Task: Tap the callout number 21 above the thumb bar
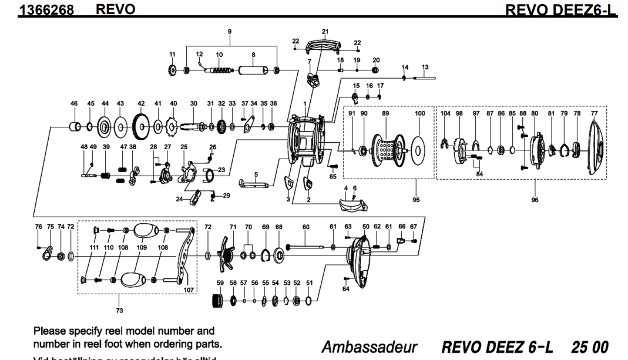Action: point(325,31)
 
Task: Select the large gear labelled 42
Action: point(141,125)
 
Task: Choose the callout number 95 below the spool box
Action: point(416,200)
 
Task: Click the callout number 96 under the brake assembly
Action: point(534,200)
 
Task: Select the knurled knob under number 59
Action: point(219,301)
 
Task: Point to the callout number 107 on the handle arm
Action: point(189,290)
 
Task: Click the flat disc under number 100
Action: point(419,149)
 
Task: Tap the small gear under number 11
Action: point(172,70)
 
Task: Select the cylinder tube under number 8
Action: point(253,70)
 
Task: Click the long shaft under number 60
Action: point(305,247)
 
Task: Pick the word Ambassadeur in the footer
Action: point(369,346)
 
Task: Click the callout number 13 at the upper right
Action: point(425,68)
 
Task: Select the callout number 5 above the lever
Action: point(256,174)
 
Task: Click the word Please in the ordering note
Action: point(49,331)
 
